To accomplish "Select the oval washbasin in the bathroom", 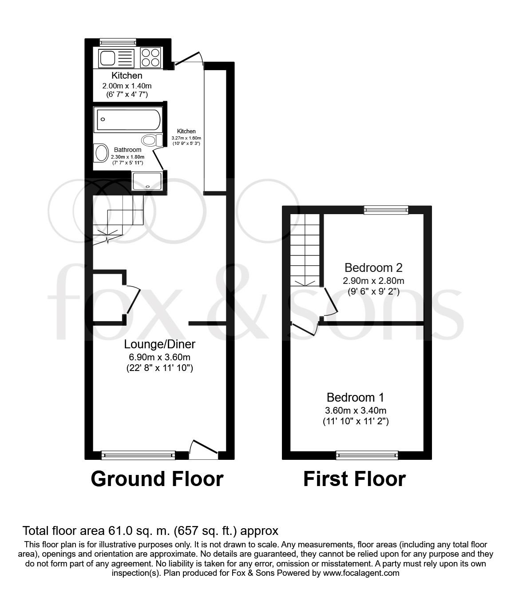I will pos(101,153).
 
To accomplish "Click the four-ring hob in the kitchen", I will pos(150,58).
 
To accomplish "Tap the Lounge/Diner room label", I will pos(160,344).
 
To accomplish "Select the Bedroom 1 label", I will pos(355,397).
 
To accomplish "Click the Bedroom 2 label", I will pos(373,268).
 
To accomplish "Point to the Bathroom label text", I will pos(127,150).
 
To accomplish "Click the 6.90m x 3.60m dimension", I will pos(160,357).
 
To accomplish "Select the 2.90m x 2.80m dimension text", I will pos(373,281).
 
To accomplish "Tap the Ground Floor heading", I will pos(157,479).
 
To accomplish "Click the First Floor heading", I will pos(354,479).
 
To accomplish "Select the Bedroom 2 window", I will pos(385,210).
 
